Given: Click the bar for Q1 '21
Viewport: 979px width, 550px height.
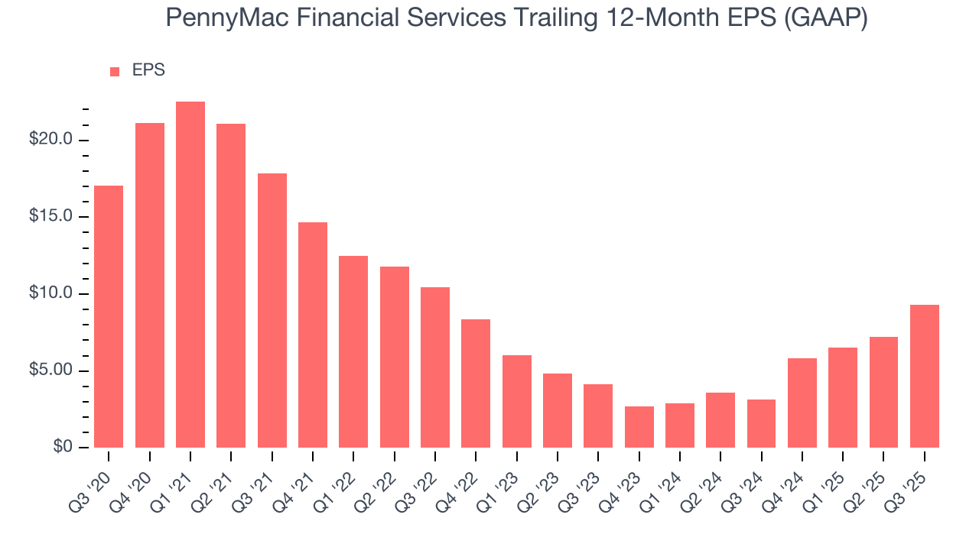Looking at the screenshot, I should pos(190,275).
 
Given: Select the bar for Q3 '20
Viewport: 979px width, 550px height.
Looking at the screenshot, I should pos(109,316).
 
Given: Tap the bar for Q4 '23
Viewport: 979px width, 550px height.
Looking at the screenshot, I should pos(639,427).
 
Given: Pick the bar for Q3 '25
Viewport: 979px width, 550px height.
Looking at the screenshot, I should pos(924,376).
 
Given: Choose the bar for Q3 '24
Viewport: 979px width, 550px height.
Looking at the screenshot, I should pos(761,423).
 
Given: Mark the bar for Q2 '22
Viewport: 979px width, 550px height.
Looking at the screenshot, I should pos(394,357).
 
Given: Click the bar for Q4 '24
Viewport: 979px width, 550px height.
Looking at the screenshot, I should pos(802,403).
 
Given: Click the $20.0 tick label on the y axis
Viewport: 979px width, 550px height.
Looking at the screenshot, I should pos(51,140).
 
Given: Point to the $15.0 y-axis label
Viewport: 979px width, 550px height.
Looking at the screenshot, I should pos(51,217).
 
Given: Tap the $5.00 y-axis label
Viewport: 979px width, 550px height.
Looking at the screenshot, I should pos(51,370).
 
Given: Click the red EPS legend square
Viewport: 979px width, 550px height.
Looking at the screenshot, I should pos(115,71).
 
